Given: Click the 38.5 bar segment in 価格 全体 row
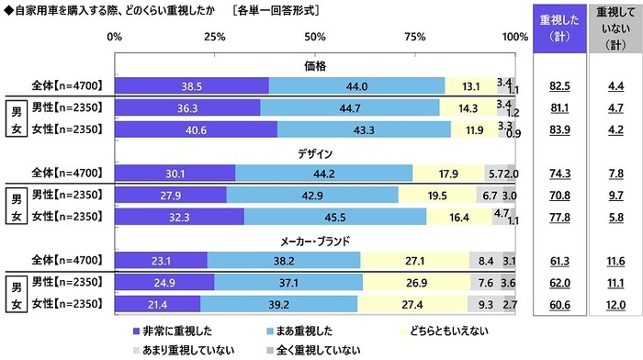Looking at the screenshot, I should [x=191, y=85].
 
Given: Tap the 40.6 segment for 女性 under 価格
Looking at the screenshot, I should [x=196, y=129].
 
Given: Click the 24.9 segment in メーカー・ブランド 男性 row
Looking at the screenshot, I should [x=164, y=282].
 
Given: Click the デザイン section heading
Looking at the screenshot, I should [x=314, y=153].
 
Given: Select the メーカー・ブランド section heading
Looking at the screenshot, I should [x=314, y=241].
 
